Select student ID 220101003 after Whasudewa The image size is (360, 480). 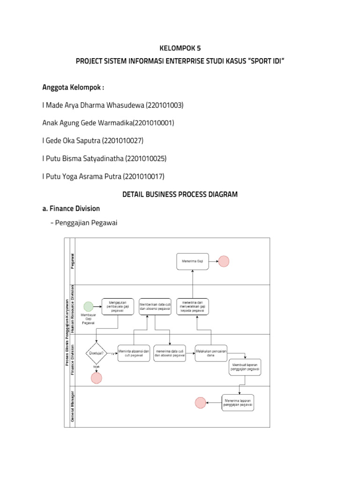pos(165,105)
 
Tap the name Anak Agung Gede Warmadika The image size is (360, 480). pos(87,123)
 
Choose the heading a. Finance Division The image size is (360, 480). pos(71,208)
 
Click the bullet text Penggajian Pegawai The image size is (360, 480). pos(86,223)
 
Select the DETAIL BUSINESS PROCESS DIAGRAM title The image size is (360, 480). pos(180,194)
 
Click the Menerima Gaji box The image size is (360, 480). pos(192,262)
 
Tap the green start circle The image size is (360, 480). pos(88,306)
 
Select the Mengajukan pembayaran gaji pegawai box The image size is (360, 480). pos(117,306)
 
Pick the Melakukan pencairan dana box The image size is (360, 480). pos(210,353)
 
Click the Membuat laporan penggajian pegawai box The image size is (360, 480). pos(245,367)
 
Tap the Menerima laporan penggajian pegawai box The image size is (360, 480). pos(238,402)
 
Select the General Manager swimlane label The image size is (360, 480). pos(73,406)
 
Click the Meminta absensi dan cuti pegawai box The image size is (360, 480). pos(134,353)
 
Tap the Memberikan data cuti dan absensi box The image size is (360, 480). pos(154,306)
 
